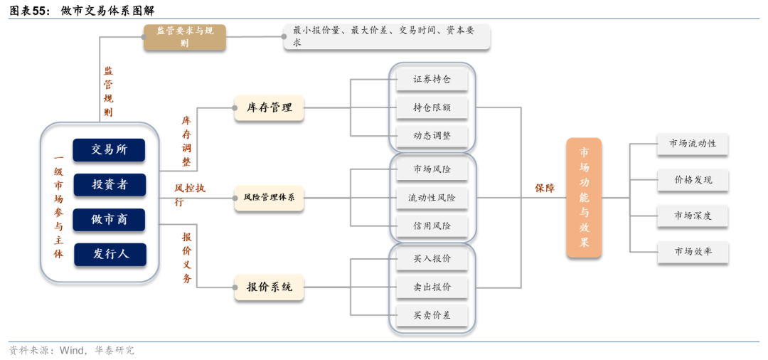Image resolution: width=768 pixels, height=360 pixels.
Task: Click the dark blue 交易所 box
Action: coord(109,150)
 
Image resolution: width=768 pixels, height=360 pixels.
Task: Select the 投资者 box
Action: coord(109,185)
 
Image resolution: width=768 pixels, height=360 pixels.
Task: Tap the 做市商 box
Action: coord(109,219)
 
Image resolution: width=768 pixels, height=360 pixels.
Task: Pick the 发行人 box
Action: coord(109,254)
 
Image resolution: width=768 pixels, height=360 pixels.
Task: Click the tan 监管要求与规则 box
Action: coord(185,37)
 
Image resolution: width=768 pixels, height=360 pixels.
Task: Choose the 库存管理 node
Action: coord(269,108)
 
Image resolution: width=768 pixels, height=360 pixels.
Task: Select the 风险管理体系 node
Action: coord(269,197)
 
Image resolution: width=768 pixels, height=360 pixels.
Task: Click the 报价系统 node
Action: coord(269,287)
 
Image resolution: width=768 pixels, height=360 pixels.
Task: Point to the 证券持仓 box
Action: coord(432,80)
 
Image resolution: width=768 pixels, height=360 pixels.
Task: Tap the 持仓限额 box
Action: coord(432,108)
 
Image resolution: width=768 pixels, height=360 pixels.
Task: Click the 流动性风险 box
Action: coord(432,198)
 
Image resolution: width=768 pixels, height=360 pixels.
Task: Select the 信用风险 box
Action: coord(432,226)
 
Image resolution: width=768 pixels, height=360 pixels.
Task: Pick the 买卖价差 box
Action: coord(432,315)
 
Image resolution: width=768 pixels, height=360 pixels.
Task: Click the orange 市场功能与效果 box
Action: coord(584,197)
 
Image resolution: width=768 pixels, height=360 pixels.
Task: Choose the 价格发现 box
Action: coord(693,180)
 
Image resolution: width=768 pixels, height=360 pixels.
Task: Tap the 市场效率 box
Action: coord(693,251)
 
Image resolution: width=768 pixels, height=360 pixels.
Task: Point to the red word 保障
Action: coord(545,189)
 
